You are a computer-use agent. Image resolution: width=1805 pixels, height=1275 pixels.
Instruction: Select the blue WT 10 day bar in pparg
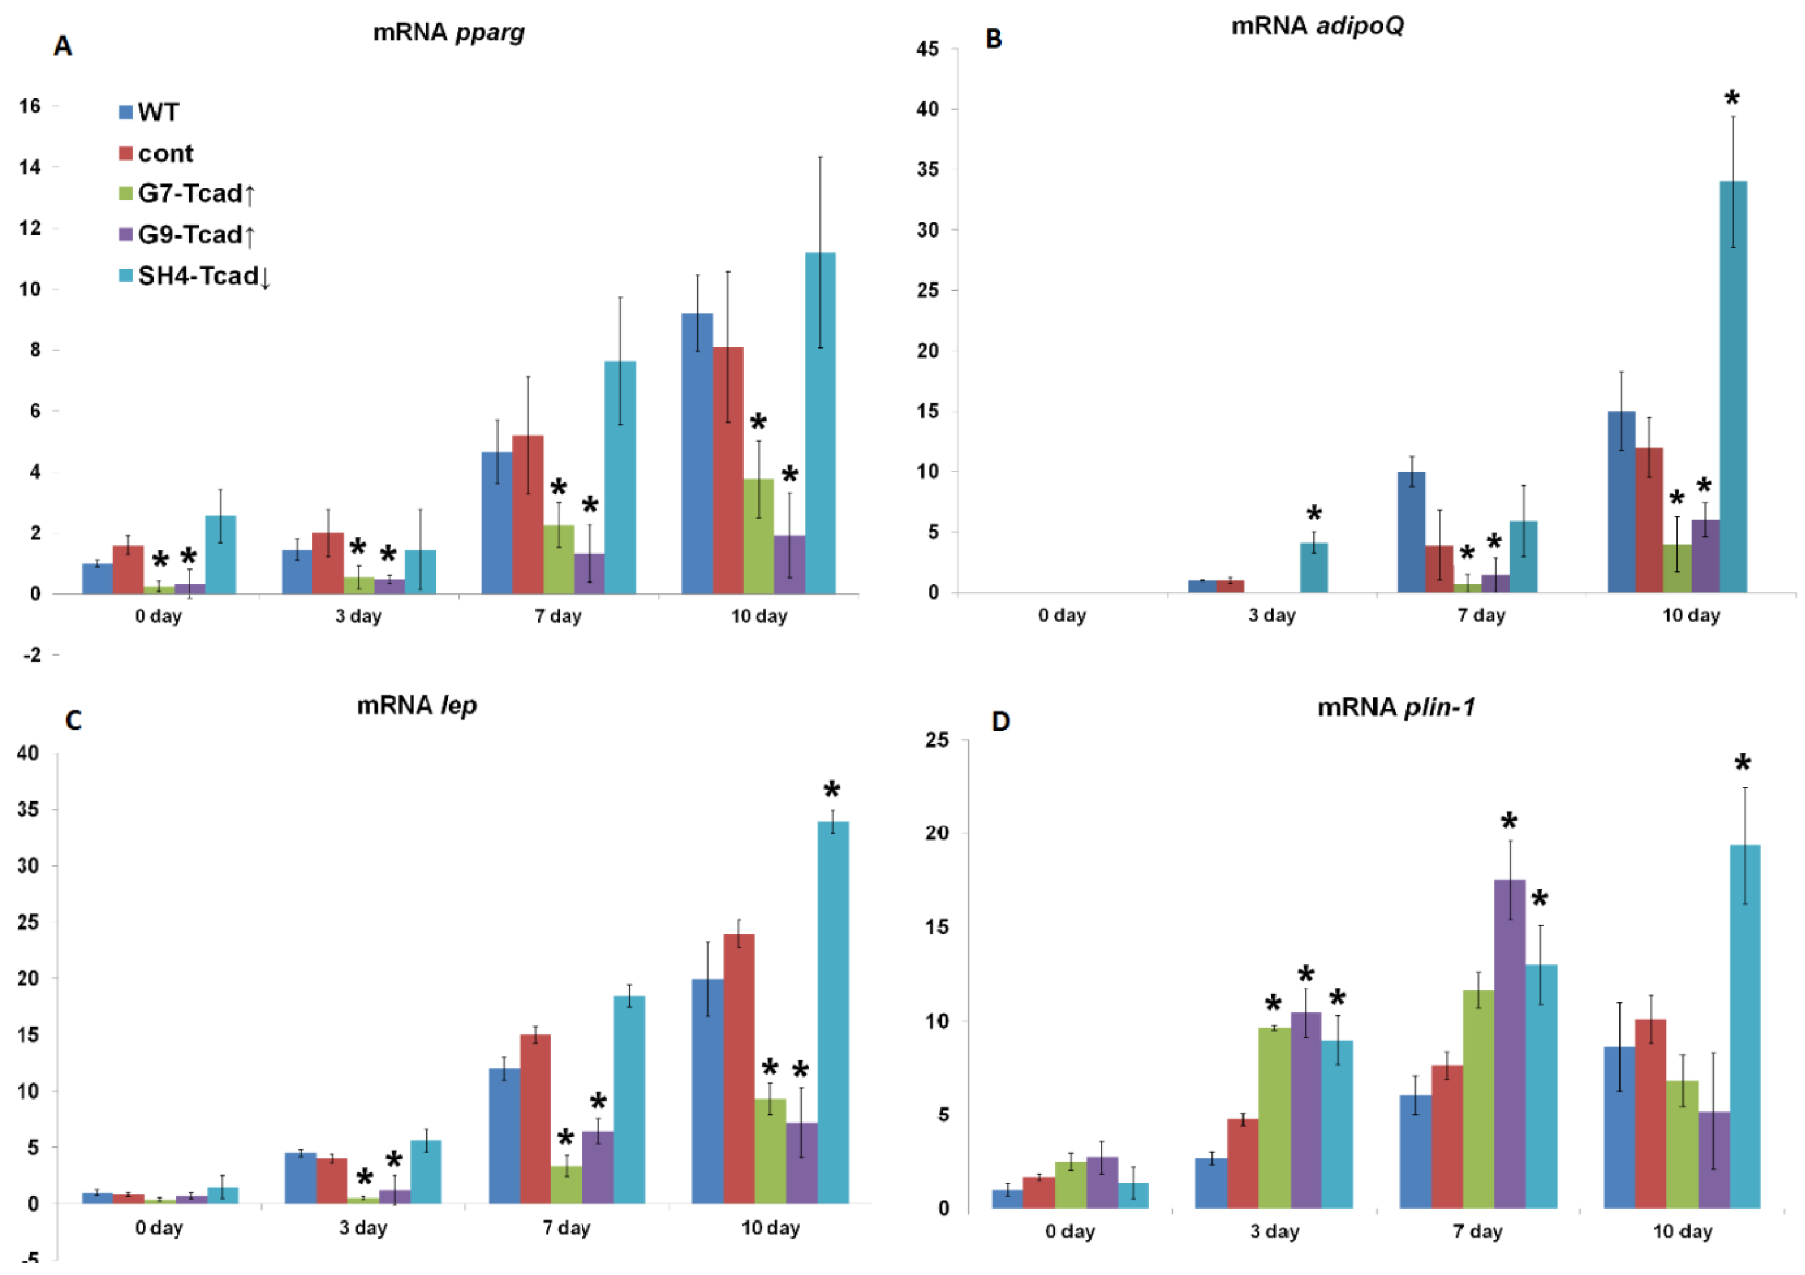click(697, 453)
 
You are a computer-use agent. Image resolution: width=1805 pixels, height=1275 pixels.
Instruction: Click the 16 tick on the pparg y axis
click(30, 106)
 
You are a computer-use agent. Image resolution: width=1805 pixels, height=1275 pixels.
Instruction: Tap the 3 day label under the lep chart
click(362, 1228)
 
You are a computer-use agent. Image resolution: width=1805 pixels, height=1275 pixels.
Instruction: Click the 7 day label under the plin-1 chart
click(1477, 1232)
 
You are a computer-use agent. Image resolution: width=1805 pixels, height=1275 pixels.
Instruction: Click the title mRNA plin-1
click(1395, 708)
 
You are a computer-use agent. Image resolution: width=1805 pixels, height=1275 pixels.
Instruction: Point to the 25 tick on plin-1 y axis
click(936, 740)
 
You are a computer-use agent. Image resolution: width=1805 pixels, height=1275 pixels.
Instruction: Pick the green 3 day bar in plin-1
click(1274, 1117)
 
